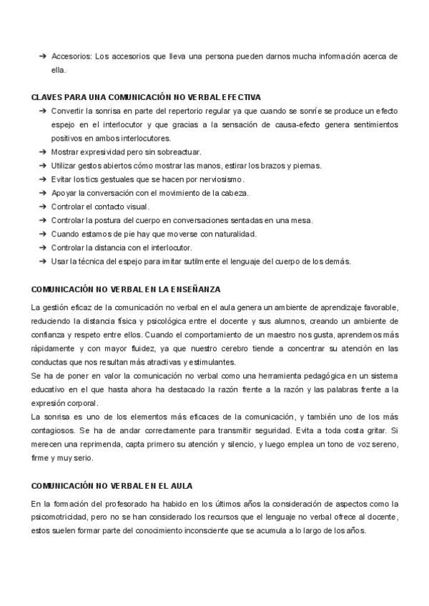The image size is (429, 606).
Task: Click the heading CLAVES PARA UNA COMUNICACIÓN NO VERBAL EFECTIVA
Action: [147, 96]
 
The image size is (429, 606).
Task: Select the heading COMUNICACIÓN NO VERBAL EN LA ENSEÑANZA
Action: [126, 289]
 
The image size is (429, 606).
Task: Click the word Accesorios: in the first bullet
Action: [71, 56]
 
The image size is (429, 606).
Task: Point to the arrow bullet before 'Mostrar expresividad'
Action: [43, 152]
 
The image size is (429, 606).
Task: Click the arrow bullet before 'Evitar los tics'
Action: [43, 179]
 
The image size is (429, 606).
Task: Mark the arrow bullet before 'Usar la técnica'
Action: [43, 261]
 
